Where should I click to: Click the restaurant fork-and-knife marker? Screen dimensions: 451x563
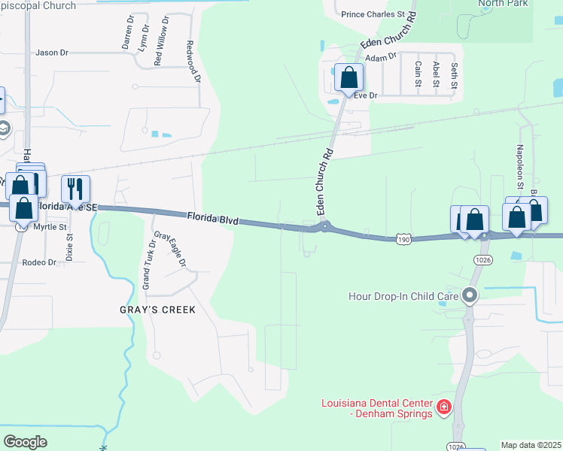coord(75,188)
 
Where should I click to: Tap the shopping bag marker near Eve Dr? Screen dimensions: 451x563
coord(349,77)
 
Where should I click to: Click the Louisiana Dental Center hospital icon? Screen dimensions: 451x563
coord(444,407)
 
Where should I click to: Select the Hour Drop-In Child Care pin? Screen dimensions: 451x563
coord(470,295)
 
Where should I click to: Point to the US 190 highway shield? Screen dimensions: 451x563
coord(404,238)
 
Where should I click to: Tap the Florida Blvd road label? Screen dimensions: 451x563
coord(213,219)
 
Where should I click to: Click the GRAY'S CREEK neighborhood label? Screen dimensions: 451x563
coord(157,310)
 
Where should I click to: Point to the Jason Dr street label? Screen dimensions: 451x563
coord(52,53)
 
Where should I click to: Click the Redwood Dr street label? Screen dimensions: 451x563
coord(194,62)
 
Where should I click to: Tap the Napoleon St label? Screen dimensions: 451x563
coord(519,162)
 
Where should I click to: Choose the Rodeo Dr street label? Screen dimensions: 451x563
coord(41,262)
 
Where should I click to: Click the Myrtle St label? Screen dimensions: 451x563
coord(51,226)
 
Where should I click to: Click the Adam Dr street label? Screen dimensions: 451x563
coord(380,57)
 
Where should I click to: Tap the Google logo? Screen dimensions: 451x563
coord(26,441)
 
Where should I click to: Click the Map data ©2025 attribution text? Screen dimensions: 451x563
coord(531,445)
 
